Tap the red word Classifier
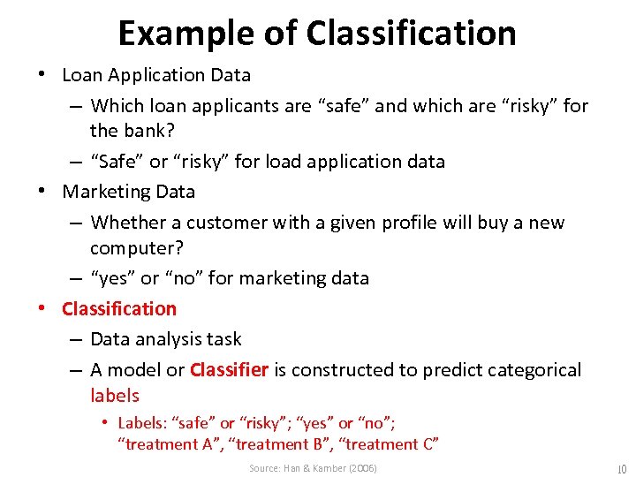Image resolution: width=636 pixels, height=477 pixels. point(229,369)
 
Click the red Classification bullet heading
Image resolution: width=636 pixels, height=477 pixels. point(119,308)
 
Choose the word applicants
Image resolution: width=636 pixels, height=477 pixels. point(227,106)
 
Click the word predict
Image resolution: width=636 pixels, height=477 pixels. point(443,369)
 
